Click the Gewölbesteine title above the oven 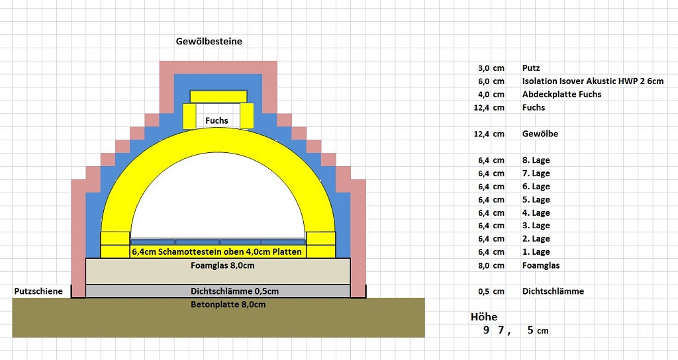point(209,41)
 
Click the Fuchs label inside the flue point(217,120)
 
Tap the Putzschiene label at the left point(38,291)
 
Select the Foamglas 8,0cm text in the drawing point(218,265)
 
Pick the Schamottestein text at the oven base point(217,252)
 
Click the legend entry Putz point(530,67)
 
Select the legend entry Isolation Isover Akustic point(593,81)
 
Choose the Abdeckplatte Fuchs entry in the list point(561,94)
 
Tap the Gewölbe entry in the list point(540,134)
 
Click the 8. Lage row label point(536,160)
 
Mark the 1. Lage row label point(536,252)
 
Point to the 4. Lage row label point(536,212)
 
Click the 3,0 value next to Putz point(483,67)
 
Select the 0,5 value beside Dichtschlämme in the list point(483,291)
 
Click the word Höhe point(483,317)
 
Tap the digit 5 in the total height point(530,330)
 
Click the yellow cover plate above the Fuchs point(218,97)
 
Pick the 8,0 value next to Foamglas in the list point(483,265)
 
